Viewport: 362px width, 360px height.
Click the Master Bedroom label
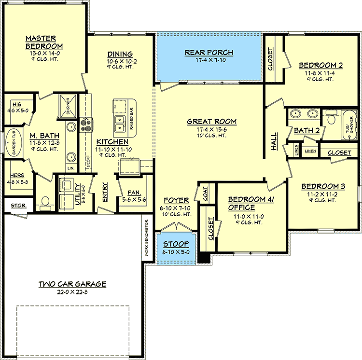[41, 42]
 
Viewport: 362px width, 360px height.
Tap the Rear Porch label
[209, 53]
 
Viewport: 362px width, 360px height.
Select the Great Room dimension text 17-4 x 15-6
[212, 129]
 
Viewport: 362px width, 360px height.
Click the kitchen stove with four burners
[86, 125]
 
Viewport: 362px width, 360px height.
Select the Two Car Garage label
[72, 284]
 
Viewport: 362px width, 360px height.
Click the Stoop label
[176, 244]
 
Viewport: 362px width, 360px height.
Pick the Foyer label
[173, 200]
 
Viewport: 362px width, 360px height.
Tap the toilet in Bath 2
[331, 119]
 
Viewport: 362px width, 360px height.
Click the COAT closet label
[206, 194]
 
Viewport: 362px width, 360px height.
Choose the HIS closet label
[17, 104]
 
